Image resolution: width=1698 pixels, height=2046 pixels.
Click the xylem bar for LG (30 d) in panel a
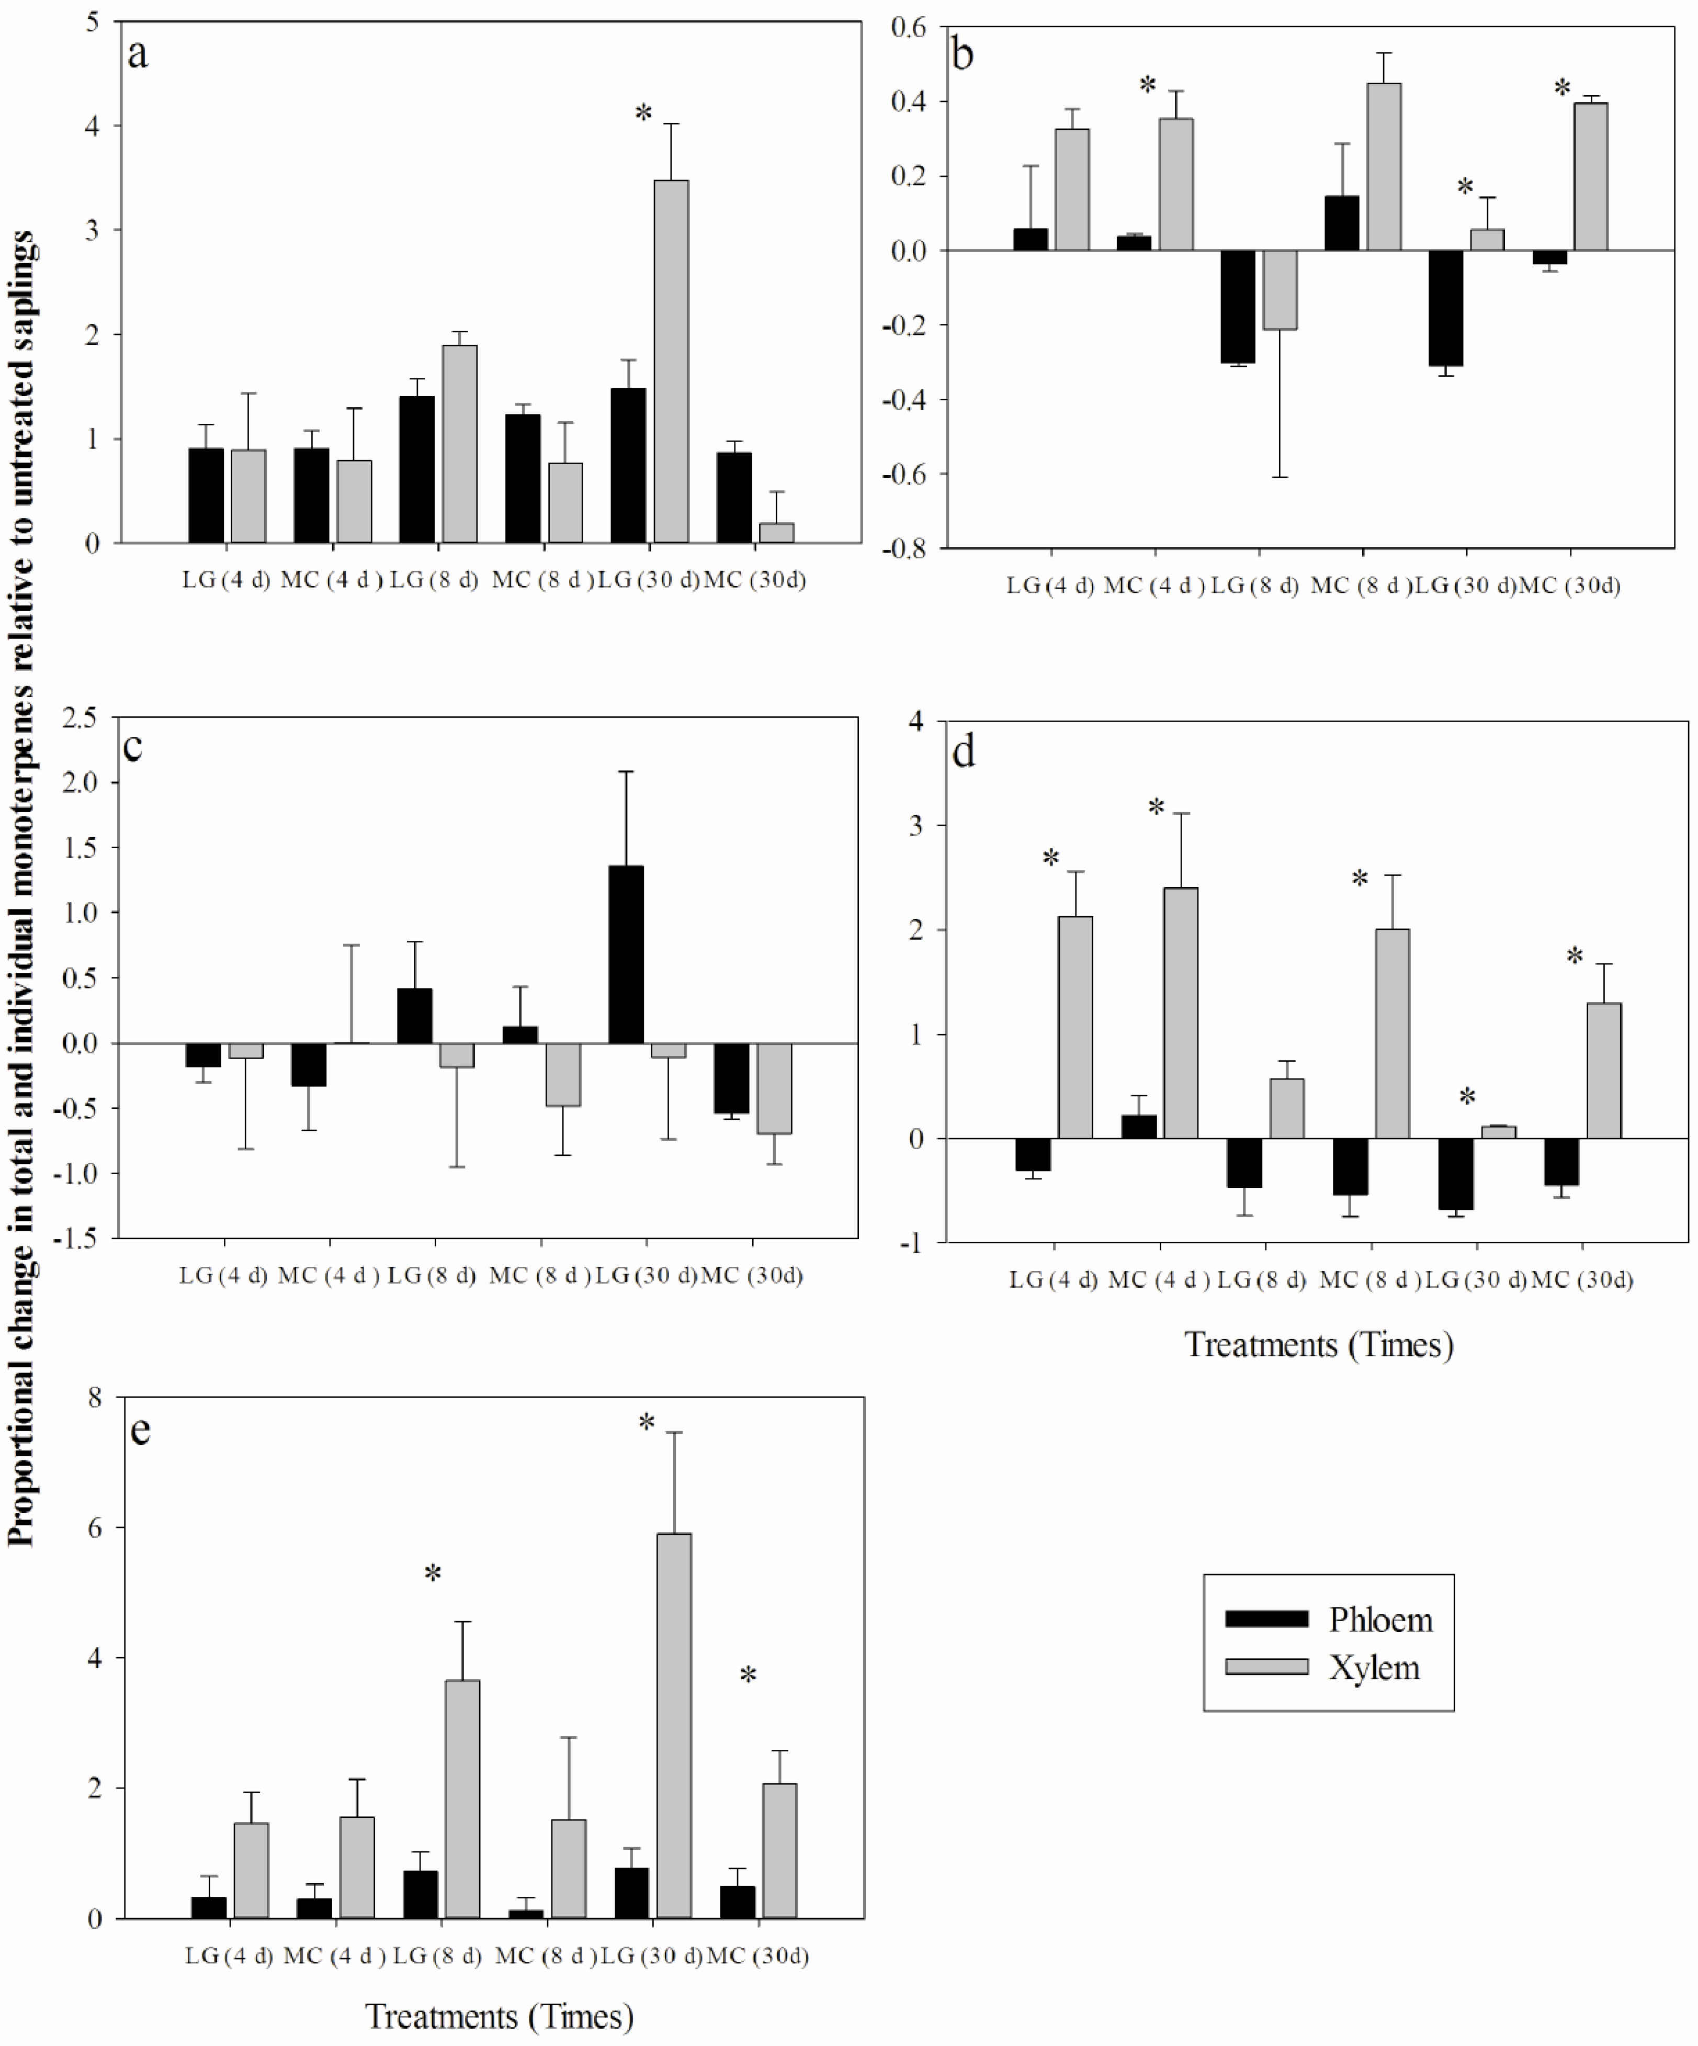pyautogui.click(x=670, y=361)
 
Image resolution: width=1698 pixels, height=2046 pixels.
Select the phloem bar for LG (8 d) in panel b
pyautogui.click(x=1237, y=307)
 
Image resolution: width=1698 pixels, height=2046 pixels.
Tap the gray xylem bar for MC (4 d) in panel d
pyautogui.click(x=1181, y=1013)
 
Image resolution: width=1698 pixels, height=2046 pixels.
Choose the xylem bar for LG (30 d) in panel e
pyautogui.click(x=674, y=1725)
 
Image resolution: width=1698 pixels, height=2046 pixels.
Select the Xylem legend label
pyautogui.click(x=1374, y=1668)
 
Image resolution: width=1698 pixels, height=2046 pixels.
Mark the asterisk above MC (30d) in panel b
pyautogui.click(x=1561, y=88)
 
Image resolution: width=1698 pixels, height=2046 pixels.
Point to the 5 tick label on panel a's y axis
pyautogui.click(x=93, y=21)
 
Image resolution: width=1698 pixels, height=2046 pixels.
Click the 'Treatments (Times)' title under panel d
pyautogui.click(x=1318, y=1344)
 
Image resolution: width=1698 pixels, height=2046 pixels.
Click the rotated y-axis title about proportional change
pyautogui.click(x=21, y=886)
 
